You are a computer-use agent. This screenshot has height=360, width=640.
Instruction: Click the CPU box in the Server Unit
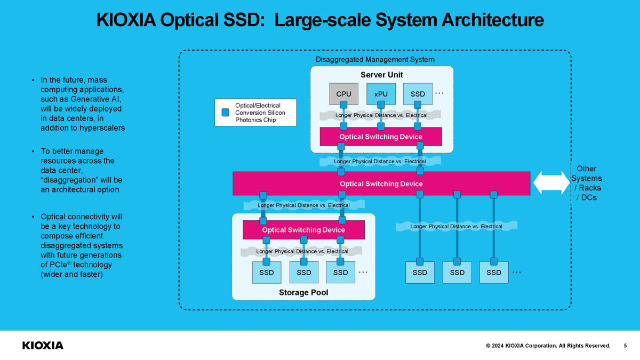pos(343,94)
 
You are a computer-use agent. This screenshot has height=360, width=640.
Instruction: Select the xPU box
pos(381,94)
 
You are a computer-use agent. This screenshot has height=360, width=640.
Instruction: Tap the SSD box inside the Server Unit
pos(418,94)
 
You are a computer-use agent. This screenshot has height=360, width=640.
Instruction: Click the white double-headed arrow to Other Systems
pos(551,183)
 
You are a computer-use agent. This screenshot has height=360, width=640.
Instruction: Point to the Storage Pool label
pos(303,292)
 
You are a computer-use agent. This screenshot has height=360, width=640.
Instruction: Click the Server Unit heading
pos(382,75)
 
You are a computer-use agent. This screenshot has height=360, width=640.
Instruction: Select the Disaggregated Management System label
pos(375,59)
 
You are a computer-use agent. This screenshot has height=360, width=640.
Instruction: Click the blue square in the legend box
pos(226,113)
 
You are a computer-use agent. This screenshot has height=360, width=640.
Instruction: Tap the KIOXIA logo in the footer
pos(43,346)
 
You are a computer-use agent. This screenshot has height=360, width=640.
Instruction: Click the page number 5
pos(625,346)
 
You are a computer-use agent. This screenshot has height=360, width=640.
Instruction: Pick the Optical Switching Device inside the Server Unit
pos(381,137)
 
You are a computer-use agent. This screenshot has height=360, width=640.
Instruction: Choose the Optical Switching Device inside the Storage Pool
pos(303,230)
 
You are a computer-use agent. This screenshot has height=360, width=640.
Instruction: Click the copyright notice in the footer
pos(548,346)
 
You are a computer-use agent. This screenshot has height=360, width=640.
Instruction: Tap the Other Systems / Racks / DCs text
pos(586,183)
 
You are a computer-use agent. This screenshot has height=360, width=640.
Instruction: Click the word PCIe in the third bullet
pos(58,265)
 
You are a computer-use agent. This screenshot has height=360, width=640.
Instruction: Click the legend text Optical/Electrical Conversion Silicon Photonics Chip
pos(260,113)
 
